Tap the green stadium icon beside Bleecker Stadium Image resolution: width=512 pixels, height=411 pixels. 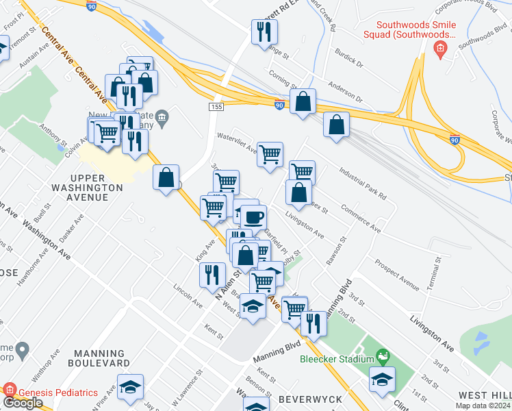tap(383, 357)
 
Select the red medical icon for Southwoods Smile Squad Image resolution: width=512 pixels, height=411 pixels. tap(439, 48)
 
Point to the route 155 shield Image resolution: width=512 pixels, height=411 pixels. tap(216, 107)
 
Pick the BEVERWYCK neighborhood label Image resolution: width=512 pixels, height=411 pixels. tap(305, 398)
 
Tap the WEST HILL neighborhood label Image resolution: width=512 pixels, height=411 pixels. tap(483, 395)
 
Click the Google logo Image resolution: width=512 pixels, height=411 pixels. tap(23, 403)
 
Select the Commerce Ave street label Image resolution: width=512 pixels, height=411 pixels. tap(360, 216)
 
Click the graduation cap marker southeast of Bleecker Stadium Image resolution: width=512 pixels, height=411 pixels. tap(383, 379)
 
